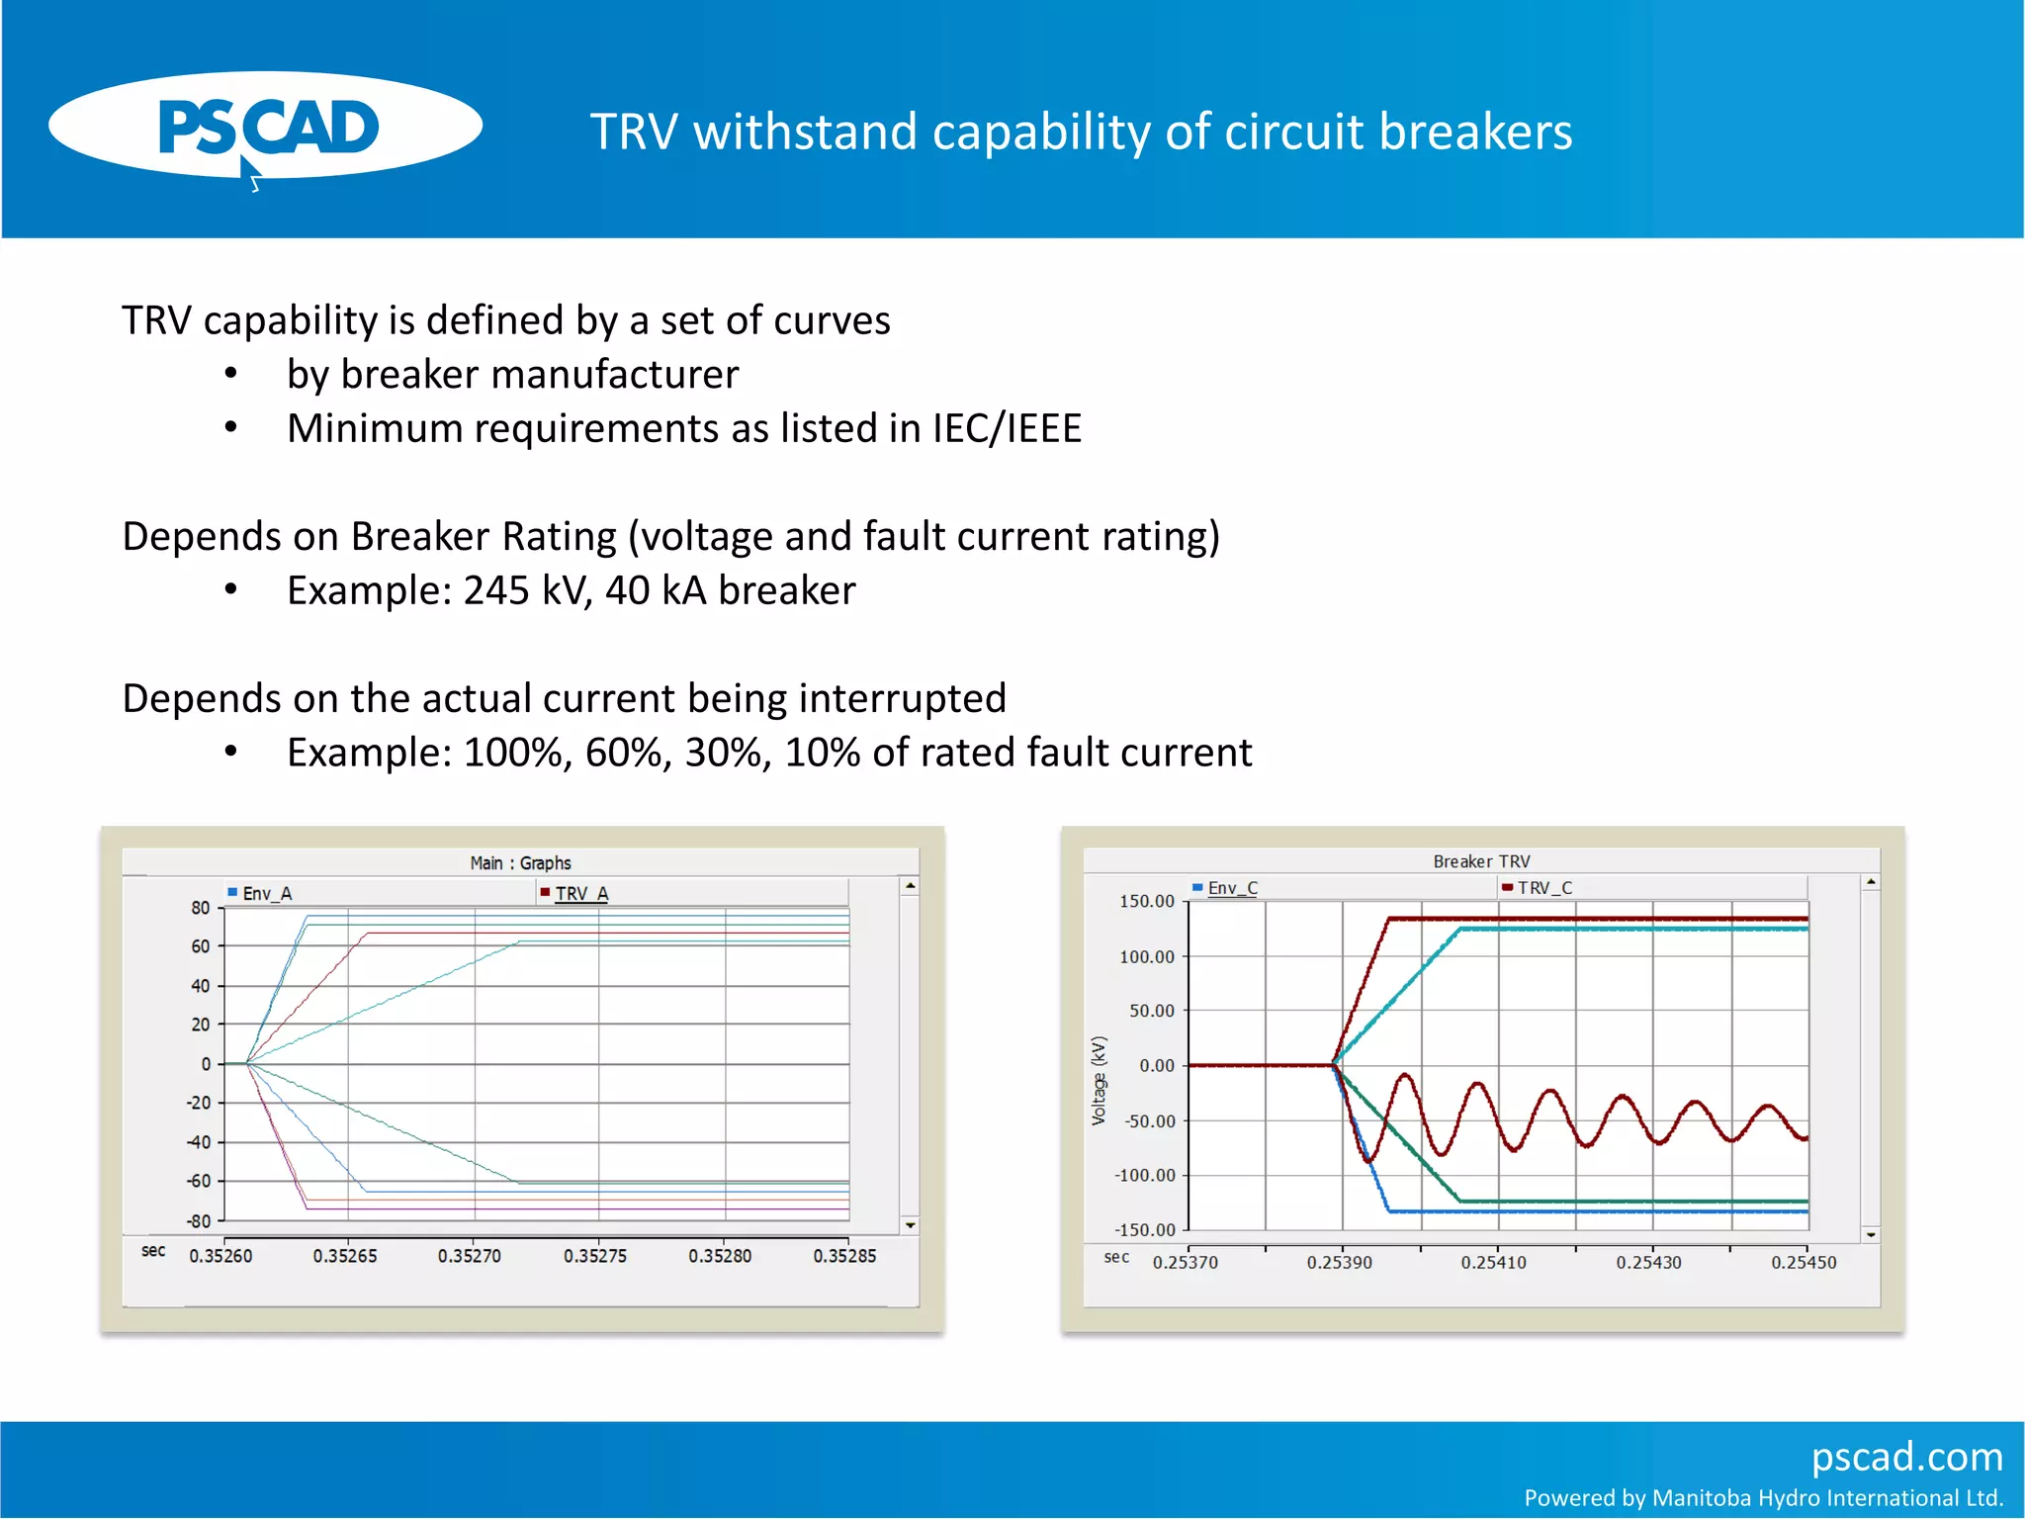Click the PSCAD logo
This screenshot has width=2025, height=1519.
[267, 127]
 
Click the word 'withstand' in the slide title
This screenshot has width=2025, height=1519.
[805, 133]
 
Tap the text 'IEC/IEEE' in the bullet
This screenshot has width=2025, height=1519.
[1006, 429]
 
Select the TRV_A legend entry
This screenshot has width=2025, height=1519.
[580, 893]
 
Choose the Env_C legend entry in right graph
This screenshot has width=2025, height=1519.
[1232, 888]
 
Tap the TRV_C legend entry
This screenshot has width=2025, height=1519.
[1543, 888]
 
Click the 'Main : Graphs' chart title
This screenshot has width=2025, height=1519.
[520, 862]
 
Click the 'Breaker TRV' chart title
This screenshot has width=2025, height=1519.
[1481, 861]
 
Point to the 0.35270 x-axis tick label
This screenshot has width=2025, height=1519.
[470, 1256]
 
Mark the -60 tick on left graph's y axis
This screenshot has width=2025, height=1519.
[200, 1181]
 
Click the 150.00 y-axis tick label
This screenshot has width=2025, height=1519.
[1147, 901]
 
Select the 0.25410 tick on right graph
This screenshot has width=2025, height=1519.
[1493, 1263]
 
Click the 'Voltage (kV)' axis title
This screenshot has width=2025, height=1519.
[1099, 1081]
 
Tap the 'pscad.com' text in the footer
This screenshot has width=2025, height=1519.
[1905, 1457]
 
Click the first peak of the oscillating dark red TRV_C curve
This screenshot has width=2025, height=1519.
[1404, 1075]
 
